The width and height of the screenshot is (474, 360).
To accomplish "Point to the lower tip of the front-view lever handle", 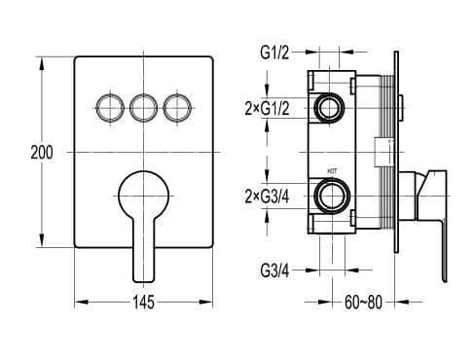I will tap(143, 274).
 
